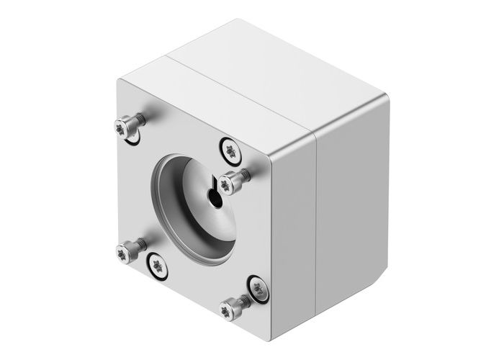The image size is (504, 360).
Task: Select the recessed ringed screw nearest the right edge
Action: (257, 289)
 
